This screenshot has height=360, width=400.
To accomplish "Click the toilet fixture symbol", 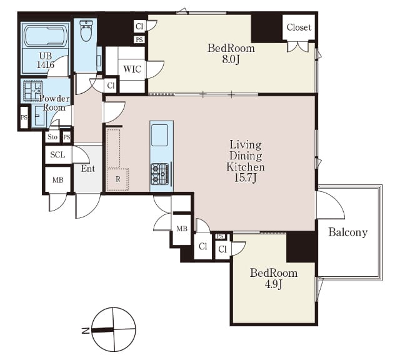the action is pyautogui.click(x=86, y=31).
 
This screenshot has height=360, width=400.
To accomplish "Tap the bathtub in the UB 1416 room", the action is pyautogui.click(x=45, y=36).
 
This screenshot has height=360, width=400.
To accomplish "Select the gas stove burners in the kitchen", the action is pyautogui.click(x=160, y=174).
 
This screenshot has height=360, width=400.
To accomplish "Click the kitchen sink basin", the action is pyautogui.click(x=160, y=135).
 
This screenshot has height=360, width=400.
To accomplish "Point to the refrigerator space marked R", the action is pyautogui.click(x=117, y=179).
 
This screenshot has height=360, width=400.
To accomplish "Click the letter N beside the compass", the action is pyautogui.click(x=86, y=331).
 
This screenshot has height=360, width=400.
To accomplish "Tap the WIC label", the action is pyautogui.click(x=132, y=69).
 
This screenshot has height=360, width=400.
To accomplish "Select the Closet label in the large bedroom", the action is pyautogui.click(x=299, y=27).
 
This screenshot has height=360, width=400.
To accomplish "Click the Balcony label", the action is pyautogui.click(x=347, y=232).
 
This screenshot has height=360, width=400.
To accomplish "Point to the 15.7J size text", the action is pyautogui.click(x=245, y=178).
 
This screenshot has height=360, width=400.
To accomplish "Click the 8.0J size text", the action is pyautogui.click(x=231, y=59).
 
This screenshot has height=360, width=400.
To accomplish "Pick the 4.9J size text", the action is pyautogui.click(x=274, y=284).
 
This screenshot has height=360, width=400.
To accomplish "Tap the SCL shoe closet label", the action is pyautogui.click(x=57, y=154).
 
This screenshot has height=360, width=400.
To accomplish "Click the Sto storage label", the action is pyautogui.click(x=52, y=137).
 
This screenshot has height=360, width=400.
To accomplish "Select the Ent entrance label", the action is pyautogui.click(x=88, y=168).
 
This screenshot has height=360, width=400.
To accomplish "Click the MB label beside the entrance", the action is pyautogui.click(x=57, y=180).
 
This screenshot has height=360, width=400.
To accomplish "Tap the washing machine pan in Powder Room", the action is pyautogui.click(x=32, y=91).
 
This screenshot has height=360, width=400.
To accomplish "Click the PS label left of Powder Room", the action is pyautogui.click(x=24, y=117).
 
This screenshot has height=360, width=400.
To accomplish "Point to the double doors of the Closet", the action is pyautogui.click(x=297, y=47).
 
